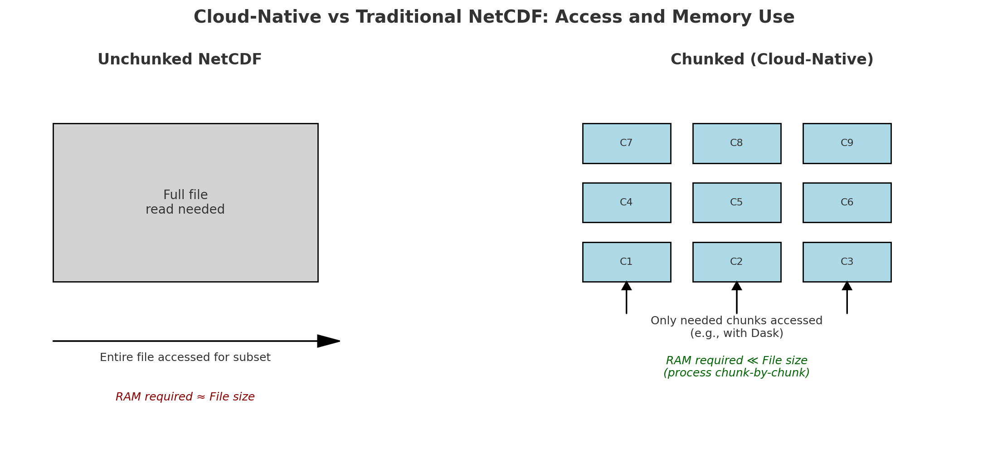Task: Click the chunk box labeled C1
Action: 627,262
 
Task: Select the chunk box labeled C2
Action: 737,262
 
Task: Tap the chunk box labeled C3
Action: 847,262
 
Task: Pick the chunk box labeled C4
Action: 627,203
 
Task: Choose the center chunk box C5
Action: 737,203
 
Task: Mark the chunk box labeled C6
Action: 847,203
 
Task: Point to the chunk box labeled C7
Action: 627,143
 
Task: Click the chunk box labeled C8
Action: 737,143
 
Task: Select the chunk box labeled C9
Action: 847,143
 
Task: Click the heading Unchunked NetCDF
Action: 180,60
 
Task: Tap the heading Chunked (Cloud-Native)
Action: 772,60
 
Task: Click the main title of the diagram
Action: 494,17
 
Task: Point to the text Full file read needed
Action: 185,202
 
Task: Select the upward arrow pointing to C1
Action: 627,297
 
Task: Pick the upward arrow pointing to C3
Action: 847,297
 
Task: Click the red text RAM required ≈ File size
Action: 185,397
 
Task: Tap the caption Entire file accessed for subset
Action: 185,357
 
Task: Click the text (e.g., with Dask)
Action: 737,334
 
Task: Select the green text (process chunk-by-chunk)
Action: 737,373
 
